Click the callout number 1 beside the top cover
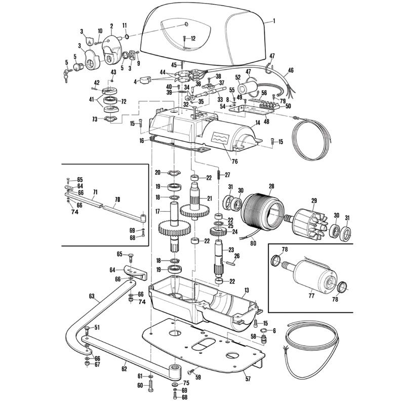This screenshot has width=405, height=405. [274, 21]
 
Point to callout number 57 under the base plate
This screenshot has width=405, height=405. [248, 378]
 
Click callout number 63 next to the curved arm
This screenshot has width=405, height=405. [91, 296]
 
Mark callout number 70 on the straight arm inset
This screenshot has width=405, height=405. [116, 199]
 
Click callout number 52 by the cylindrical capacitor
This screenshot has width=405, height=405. [237, 78]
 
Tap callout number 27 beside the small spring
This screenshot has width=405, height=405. [227, 175]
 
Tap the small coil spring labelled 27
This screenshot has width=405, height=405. [218, 176]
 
